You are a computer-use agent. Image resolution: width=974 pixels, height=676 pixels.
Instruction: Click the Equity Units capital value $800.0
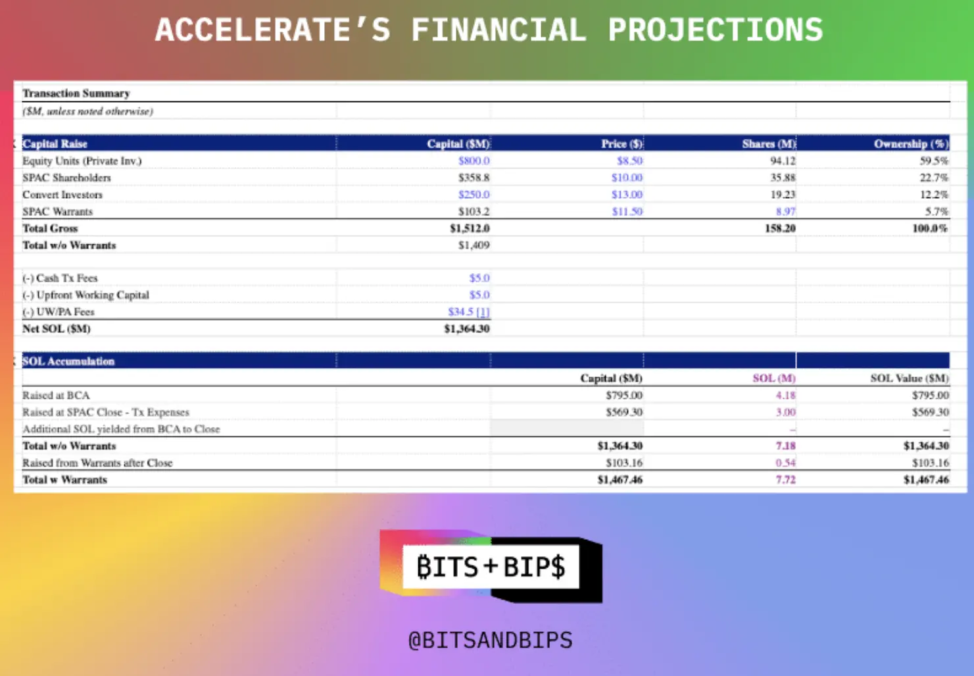tap(474, 161)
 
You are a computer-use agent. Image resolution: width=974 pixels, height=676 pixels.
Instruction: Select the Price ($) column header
tap(621, 143)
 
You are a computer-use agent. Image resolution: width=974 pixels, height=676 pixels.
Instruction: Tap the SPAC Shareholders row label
tap(66, 178)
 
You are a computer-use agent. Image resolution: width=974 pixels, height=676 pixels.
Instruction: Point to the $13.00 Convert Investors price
tap(627, 195)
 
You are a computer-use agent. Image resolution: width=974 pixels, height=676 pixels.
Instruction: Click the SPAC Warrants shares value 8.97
tap(786, 211)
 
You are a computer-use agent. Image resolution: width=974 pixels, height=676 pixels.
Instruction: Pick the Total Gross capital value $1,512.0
tap(470, 228)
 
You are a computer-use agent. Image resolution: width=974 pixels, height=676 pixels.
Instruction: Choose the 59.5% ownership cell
tap(934, 161)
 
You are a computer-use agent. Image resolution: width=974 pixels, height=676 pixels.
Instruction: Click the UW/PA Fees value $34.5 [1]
tap(469, 311)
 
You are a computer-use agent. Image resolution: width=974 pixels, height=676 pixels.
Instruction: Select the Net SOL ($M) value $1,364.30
tap(467, 328)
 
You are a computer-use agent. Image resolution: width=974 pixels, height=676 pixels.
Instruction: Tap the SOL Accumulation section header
tap(68, 361)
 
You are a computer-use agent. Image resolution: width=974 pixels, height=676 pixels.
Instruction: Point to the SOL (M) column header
tap(774, 378)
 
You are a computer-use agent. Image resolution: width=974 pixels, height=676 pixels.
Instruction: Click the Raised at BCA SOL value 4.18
tap(786, 395)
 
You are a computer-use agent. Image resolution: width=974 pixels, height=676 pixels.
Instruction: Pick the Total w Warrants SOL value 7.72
tap(786, 480)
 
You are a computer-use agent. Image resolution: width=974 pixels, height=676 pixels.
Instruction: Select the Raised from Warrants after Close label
tap(97, 463)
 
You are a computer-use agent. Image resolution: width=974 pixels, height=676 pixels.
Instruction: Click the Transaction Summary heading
tap(76, 93)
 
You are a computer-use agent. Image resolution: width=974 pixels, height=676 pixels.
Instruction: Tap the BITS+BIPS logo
tap(491, 566)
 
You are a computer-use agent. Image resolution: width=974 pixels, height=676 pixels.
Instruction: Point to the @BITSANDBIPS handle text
tap(491, 640)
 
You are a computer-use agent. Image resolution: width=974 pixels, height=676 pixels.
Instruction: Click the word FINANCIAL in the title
tap(499, 30)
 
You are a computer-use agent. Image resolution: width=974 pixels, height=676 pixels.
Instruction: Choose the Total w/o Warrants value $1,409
tap(474, 245)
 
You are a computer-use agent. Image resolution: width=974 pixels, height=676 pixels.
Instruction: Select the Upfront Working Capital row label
tap(85, 295)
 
